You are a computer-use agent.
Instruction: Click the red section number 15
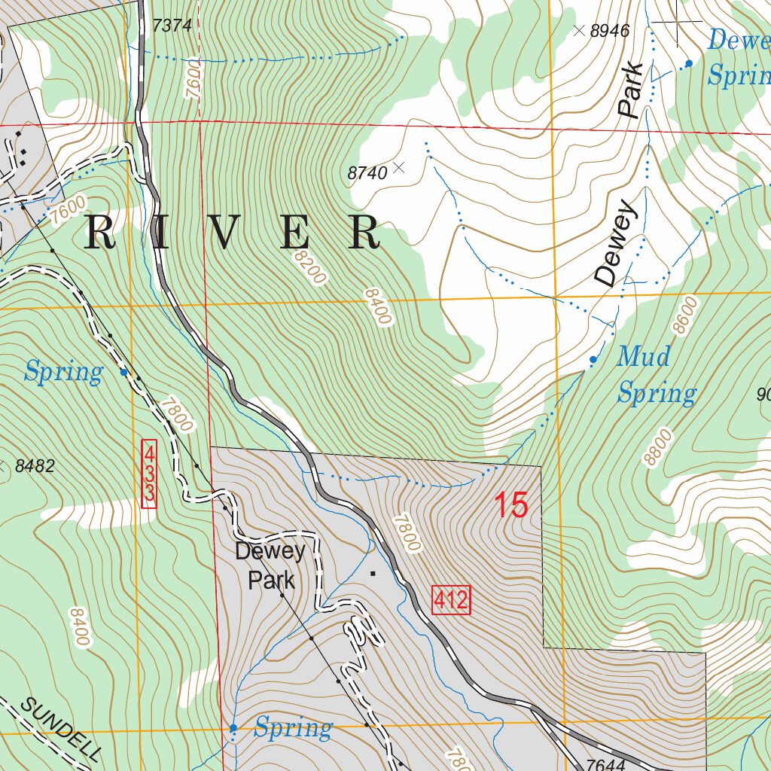[x=511, y=505]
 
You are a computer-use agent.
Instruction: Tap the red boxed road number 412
[x=451, y=600]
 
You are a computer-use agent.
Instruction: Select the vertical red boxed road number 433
[x=149, y=474]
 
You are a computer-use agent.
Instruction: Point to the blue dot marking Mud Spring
[x=593, y=360]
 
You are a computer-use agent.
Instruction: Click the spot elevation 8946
[x=609, y=31]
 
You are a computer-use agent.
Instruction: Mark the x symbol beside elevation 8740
[x=399, y=167]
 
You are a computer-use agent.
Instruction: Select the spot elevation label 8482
[x=35, y=466]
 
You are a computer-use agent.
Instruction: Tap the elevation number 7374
[x=172, y=26]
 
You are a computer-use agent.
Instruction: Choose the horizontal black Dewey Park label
[x=270, y=565]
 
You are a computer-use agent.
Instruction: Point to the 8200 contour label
[x=310, y=268]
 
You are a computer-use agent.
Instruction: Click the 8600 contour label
[x=681, y=315]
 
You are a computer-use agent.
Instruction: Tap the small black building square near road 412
[x=372, y=573]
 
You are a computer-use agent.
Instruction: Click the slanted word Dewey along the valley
[x=616, y=243]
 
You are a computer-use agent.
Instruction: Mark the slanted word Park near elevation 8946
[x=631, y=90]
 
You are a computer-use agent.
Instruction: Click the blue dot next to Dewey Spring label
[x=688, y=64]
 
